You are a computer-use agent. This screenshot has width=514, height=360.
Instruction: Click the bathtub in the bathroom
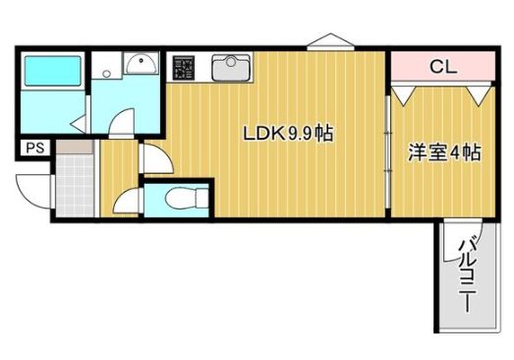[x=53, y=73]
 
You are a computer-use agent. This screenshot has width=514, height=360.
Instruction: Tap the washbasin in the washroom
[x=142, y=65]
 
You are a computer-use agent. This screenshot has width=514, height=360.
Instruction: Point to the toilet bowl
[x=179, y=199]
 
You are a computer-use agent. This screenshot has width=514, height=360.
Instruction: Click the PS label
[x=34, y=150]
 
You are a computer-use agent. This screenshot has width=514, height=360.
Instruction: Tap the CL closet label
[x=442, y=67]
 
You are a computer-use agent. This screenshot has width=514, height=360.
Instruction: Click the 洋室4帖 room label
[x=445, y=154]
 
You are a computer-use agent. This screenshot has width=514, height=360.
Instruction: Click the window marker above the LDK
[x=328, y=42]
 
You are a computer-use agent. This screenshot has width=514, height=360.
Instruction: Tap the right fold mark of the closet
[x=479, y=94]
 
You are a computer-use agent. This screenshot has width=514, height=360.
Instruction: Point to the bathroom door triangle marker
[x=78, y=123]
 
